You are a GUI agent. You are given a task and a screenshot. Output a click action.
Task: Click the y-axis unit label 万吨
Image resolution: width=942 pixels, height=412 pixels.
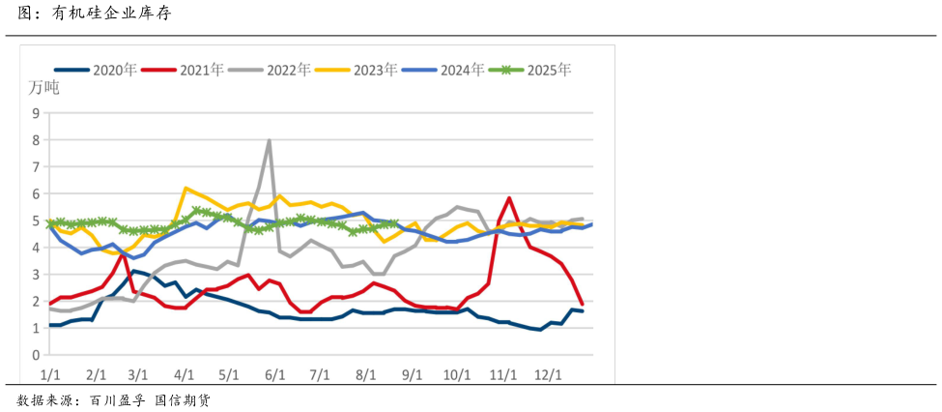click(x=43, y=89)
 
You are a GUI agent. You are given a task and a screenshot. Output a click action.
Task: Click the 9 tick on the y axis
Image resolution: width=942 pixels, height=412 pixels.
click(x=36, y=112)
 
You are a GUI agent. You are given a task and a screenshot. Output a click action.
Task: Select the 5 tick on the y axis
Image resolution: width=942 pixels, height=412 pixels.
click(x=36, y=221)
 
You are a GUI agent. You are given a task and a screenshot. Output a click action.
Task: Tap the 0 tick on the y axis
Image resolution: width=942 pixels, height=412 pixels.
click(x=36, y=355)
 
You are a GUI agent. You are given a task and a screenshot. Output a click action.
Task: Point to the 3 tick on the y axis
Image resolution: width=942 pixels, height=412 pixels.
click(x=36, y=274)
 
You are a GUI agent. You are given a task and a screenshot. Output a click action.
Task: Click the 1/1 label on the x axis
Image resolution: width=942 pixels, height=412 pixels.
click(x=51, y=374)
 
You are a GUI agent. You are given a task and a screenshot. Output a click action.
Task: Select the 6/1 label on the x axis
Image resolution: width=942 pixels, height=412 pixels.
click(x=274, y=374)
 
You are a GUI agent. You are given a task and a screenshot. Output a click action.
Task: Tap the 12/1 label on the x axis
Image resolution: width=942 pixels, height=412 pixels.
click(x=549, y=374)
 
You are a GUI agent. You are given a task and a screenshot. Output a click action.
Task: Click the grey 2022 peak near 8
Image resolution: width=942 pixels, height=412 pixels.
click(x=269, y=141)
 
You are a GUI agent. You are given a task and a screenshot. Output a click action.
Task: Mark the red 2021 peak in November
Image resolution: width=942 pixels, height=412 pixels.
click(x=508, y=198)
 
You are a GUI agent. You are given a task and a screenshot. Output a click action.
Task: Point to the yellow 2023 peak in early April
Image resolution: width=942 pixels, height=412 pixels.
click(x=186, y=189)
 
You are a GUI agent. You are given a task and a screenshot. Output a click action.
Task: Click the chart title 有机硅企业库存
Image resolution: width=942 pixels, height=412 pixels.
click(x=111, y=15)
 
